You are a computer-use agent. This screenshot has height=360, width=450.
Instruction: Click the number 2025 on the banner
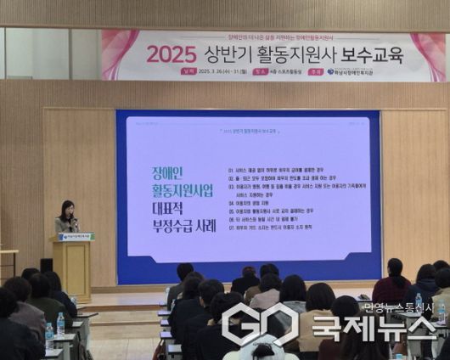tap(172, 54)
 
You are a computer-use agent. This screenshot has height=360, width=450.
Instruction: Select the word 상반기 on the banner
tap(228, 53)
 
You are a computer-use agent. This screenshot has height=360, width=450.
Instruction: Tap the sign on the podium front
tap(78, 237)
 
